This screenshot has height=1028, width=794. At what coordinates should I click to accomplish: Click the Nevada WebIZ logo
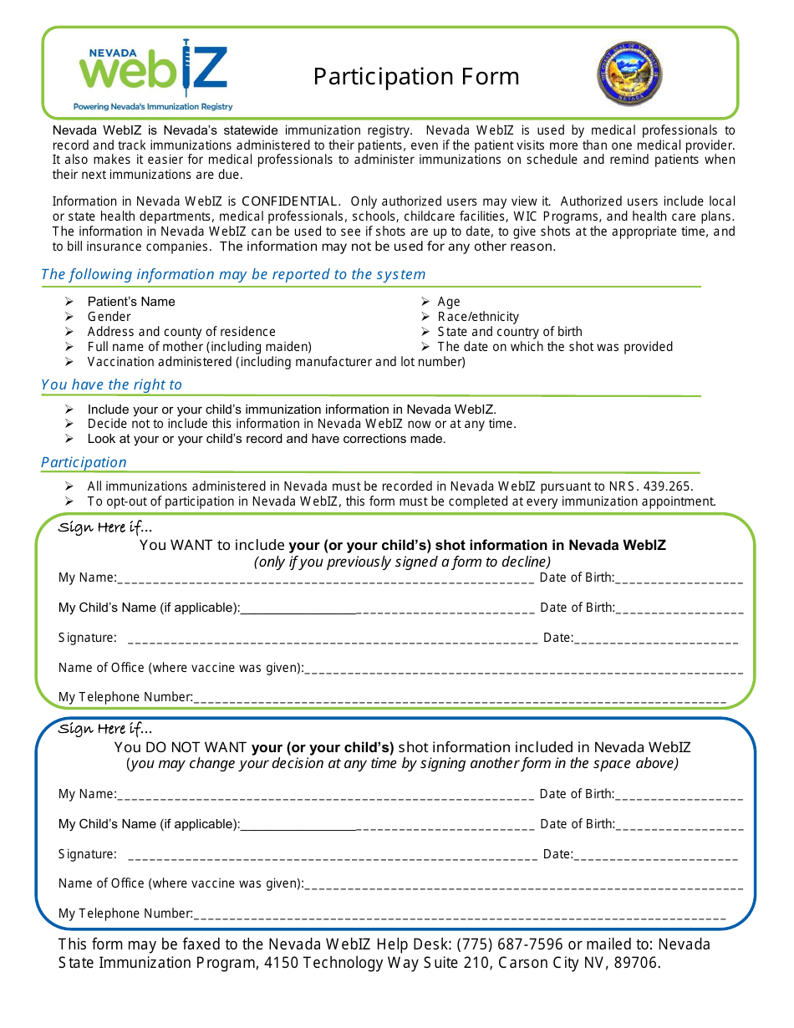[153, 74]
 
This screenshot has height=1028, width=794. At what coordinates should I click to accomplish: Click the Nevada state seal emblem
[629, 74]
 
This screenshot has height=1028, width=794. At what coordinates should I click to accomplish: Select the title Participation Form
[416, 77]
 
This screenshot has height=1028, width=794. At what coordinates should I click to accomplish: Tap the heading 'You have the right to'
[111, 384]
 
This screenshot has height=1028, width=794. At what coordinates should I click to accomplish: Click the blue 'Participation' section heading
[84, 462]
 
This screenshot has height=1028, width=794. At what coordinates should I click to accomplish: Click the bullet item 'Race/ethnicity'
[477, 317]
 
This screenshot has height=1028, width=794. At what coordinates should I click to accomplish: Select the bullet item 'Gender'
[109, 317]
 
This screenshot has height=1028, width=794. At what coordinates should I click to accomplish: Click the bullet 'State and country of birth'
[509, 332]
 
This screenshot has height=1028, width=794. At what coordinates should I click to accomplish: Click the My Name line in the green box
[326, 579]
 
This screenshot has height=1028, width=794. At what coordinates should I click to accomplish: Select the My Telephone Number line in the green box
[460, 700]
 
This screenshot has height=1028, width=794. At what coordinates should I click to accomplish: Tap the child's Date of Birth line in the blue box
[679, 826]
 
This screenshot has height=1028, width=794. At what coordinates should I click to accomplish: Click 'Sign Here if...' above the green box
[105, 527]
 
